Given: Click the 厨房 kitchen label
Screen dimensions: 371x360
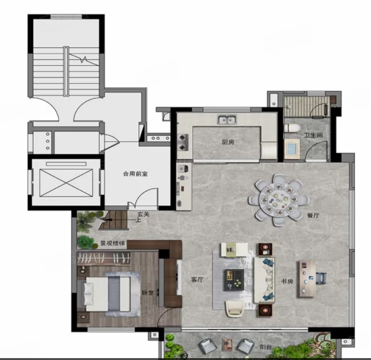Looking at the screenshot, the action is (x=228, y=142).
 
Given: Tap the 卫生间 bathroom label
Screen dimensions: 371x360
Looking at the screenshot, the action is (x=313, y=135).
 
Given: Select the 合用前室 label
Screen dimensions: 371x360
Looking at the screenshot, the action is (x=135, y=174).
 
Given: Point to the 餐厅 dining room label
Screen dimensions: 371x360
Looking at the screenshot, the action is (x=313, y=215).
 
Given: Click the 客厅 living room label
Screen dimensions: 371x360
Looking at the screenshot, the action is (x=197, y=279).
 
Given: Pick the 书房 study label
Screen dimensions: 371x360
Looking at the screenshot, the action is (x=287, y=281).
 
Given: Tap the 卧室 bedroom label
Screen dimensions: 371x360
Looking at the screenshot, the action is (x=148, y=292).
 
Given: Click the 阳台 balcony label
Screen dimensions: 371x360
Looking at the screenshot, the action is (x=265, y=347).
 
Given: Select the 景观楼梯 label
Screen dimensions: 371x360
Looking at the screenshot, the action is (x=113, y=243).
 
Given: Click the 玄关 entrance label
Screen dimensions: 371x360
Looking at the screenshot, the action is (x=143, y=214).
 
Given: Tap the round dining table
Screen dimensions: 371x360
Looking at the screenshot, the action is (x=278, y=200).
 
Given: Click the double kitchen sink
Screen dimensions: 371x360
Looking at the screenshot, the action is (x=227, y=119).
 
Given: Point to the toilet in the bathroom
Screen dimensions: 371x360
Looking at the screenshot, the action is (x=292, y=128).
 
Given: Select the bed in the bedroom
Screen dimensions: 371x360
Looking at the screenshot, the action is (x=107, y=294).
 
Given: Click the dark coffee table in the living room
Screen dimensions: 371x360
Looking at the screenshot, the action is (x=234, y=280).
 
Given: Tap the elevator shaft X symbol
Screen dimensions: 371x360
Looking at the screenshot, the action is (x=66, y=183).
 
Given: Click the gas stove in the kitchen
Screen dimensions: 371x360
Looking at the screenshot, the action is (x=183, y=142).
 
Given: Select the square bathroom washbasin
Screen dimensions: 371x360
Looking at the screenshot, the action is (x=292, y=149).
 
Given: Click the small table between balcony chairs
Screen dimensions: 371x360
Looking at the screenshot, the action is (x=227, y=345).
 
